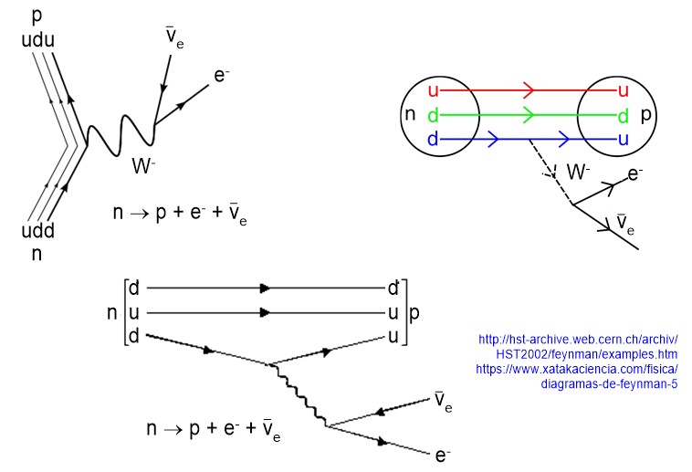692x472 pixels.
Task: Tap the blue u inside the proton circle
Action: click(623, 140)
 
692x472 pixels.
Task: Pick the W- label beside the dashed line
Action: click(578, 172)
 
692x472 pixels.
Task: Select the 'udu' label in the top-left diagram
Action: click(37, 38)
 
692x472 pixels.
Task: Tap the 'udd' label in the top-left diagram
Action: click(37, 232)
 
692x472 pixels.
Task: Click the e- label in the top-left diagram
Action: click(221, 76)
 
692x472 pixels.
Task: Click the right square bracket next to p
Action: click(404, 312)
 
